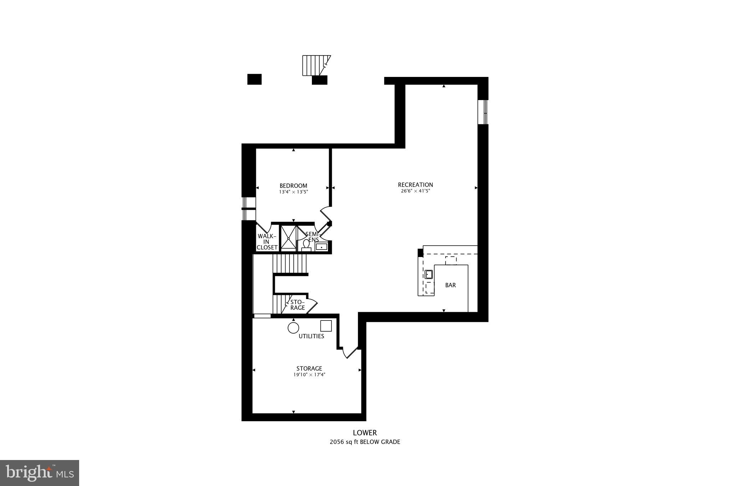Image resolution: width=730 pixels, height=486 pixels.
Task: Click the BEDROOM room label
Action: coord(293,185)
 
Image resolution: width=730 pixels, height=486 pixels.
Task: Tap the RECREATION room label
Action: coord(415,184)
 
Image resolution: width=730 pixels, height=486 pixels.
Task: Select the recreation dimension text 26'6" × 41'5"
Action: coord(415,191)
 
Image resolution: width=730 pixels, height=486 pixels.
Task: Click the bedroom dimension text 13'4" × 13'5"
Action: coord(293,192)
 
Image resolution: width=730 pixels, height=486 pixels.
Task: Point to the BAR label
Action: coord(450,285)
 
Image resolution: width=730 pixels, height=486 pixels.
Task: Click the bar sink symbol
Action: coord(428,274)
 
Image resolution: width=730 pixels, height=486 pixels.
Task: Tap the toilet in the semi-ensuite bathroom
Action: coord(306,245)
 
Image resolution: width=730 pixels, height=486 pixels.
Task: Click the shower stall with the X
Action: coord(288,237)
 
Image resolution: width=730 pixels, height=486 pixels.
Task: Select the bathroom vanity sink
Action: coord(321,246)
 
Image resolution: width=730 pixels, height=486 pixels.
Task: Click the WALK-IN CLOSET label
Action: coord(267,242)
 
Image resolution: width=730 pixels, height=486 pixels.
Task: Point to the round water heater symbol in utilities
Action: coord(293,328)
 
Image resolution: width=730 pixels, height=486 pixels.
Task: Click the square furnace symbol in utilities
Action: coord(326,326)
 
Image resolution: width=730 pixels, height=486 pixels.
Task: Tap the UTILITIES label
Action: coord(311,336)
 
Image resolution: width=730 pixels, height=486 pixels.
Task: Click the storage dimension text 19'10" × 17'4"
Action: coord(309,375)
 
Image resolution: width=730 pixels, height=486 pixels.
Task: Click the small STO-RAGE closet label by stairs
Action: coord(297,305)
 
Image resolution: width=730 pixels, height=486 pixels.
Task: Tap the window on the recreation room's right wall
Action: coord(483,112)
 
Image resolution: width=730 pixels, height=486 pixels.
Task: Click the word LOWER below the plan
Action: coord(365,433)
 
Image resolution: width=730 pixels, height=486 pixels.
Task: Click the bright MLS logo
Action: coord(40,473)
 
